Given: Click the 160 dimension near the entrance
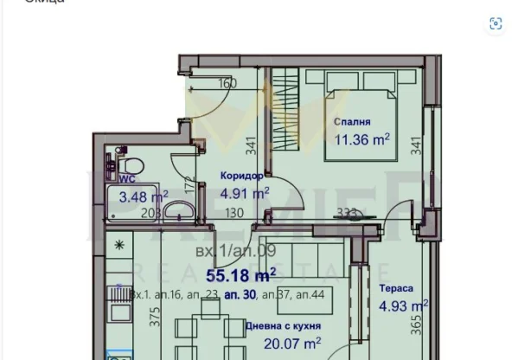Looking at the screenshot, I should tap(227, 84).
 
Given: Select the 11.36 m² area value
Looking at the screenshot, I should tap(361, 138).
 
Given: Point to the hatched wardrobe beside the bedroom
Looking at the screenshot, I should tap(285, 112).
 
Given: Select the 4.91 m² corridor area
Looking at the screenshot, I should tap(245, 193).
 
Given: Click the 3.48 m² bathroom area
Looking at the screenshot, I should tap(144, 196).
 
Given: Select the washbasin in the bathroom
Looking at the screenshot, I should tap(179, 210).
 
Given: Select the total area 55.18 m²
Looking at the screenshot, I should tap(241, 274).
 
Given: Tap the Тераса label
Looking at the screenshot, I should tap(395, 288).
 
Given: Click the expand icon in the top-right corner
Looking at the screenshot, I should tap(496, 24).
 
